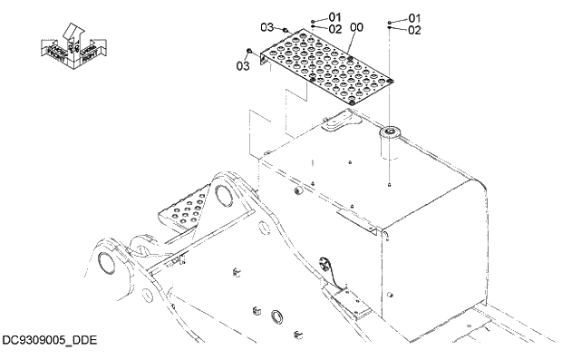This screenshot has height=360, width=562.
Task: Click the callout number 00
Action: pos(356,29)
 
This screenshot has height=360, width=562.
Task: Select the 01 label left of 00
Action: pos(335,17)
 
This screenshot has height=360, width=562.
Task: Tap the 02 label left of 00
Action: pos(335,29)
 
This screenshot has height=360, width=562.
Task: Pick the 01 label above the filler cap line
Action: pos(415,18)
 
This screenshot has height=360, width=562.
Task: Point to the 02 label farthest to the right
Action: pos(415,30)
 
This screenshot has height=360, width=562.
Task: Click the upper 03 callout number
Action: pos(267,28)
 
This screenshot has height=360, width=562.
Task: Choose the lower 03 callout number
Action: pos(243,65)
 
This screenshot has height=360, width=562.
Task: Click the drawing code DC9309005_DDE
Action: pos(50,340)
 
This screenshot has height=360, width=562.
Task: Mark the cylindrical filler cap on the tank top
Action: pos(390,137)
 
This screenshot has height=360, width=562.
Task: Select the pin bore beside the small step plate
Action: pos(222,195)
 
